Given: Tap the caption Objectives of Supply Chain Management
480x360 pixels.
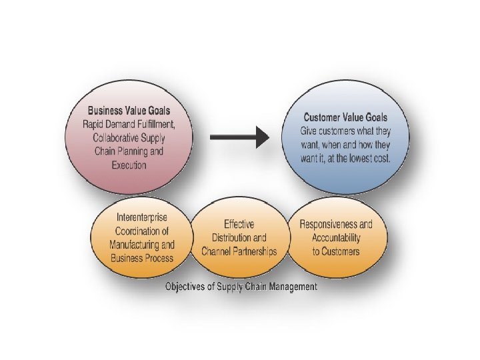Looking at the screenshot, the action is [241, 287].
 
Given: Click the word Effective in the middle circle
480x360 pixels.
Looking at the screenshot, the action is [239, 225].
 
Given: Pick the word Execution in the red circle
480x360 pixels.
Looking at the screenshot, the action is [129, 165].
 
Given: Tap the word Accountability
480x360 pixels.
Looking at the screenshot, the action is [335, 238].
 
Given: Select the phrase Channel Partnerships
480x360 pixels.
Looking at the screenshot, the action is [239, 251].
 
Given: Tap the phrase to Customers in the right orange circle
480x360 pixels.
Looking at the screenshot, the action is [335, 251].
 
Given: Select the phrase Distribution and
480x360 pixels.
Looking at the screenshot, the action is [239, 238].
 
